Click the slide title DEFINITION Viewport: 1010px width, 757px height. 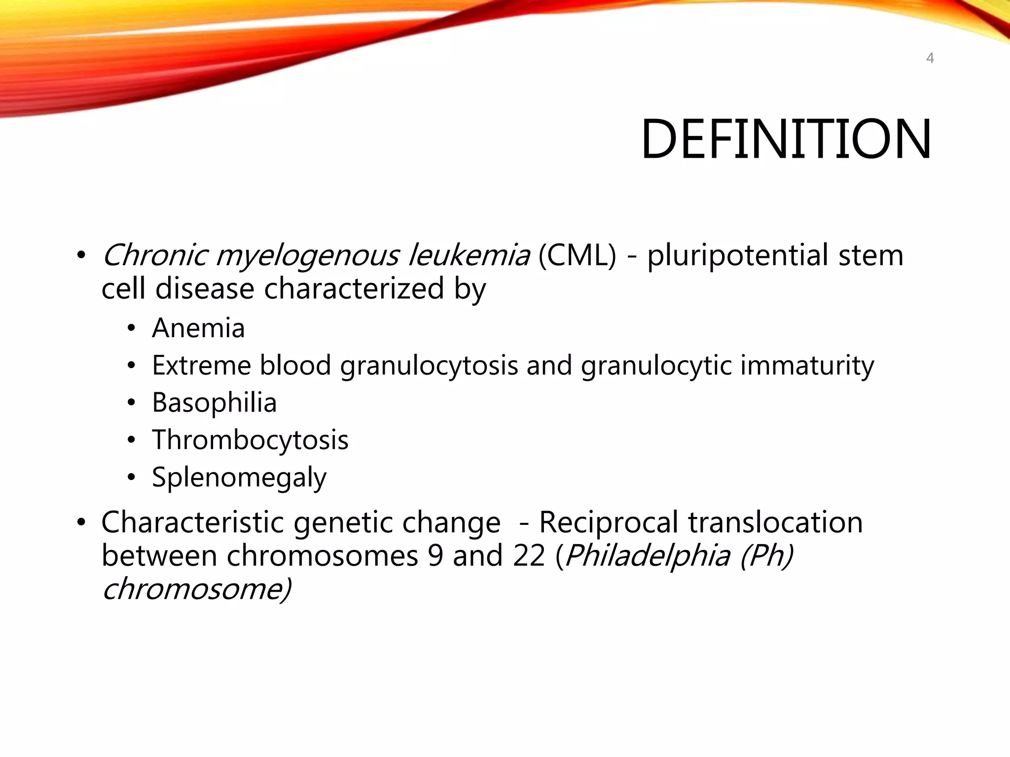(x=786, y=139)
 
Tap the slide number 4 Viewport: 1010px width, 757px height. (x=930, y=59)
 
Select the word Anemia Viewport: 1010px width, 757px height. (x=198, y=328)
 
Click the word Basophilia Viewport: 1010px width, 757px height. (x=214, y=403)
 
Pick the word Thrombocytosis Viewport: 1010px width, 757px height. (x=250, y=440)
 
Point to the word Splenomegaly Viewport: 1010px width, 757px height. (x=239, y=478)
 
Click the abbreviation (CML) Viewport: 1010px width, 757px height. (x=577, y=256)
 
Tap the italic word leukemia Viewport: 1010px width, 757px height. (x=469, y=256)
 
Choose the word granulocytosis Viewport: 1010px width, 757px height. (x=429, y=366)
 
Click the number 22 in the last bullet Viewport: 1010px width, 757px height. (x=529, y=556)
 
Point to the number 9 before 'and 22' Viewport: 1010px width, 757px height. (x=435, y=556)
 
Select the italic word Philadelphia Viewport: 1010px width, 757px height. (x=647, y=556)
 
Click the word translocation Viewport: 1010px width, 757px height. (x=775, y=522)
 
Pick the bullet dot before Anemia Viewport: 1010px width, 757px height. (x=131, y=329)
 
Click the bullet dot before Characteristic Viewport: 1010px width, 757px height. (x=81, y=523)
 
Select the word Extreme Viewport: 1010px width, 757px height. (x=201, y=366)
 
